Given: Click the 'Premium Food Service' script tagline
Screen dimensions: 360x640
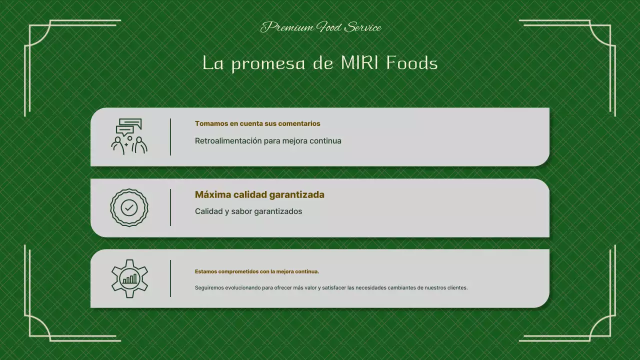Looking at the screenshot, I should pos(320,27).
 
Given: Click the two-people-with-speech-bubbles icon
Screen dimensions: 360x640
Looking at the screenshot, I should pos(129,136).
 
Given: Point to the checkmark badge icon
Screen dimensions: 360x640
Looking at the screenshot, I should pos(129,207).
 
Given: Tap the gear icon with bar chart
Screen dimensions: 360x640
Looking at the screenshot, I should pos(129,278).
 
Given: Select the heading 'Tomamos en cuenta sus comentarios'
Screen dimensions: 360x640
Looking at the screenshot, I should pos(257,123).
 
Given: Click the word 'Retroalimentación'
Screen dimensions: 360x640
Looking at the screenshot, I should pos(228,141).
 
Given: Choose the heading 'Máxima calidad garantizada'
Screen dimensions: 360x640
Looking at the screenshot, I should pos(259,194).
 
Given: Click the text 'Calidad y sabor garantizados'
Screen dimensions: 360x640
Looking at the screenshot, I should pos(248,211).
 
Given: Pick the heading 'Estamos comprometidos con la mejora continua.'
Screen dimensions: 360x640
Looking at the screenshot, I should pos(257,271).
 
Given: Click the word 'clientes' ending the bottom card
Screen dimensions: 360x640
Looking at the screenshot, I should pos(457,288).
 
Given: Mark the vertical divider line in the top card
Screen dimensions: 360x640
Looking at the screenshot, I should pos(170,136).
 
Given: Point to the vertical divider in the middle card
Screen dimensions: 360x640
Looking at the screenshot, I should pos(170,207).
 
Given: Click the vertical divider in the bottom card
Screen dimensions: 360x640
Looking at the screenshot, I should pos(170,278).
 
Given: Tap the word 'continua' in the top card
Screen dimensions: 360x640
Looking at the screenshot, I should pos(325,141).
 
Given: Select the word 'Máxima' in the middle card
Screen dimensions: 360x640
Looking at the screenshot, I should pos(212,194).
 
